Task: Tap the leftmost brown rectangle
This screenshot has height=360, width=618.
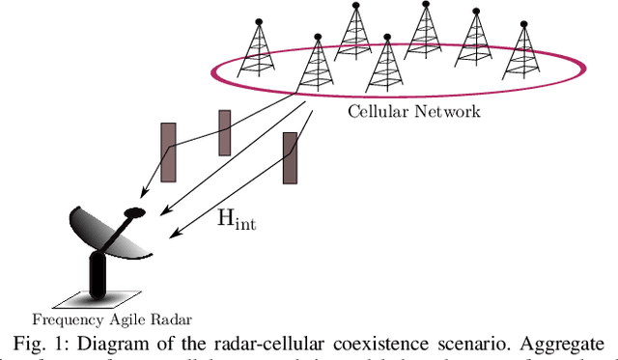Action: [168, 152]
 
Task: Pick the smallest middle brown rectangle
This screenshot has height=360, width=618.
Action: [225, 132]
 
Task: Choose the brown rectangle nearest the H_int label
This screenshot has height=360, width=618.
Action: [290, 158]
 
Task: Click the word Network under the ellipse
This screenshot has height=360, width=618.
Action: [448, 112]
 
